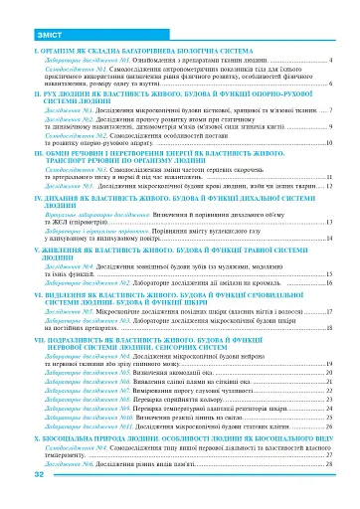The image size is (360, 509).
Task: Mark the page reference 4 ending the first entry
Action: pos(329,60)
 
